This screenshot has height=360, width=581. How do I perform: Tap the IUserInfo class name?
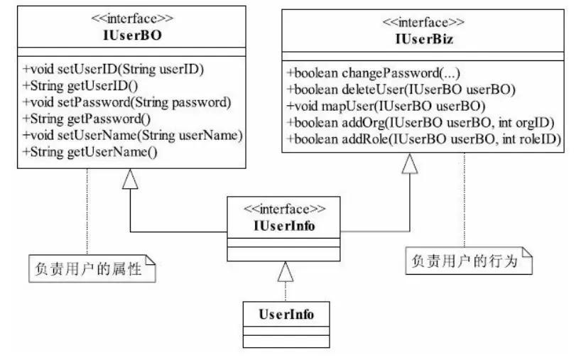[284, 226]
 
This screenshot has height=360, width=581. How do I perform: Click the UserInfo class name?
[284, 312]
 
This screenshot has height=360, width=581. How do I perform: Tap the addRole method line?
[425, 139]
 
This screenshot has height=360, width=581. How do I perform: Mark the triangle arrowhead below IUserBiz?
[410, 165]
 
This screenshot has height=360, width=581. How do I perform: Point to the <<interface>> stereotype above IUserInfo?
[285, 210]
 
